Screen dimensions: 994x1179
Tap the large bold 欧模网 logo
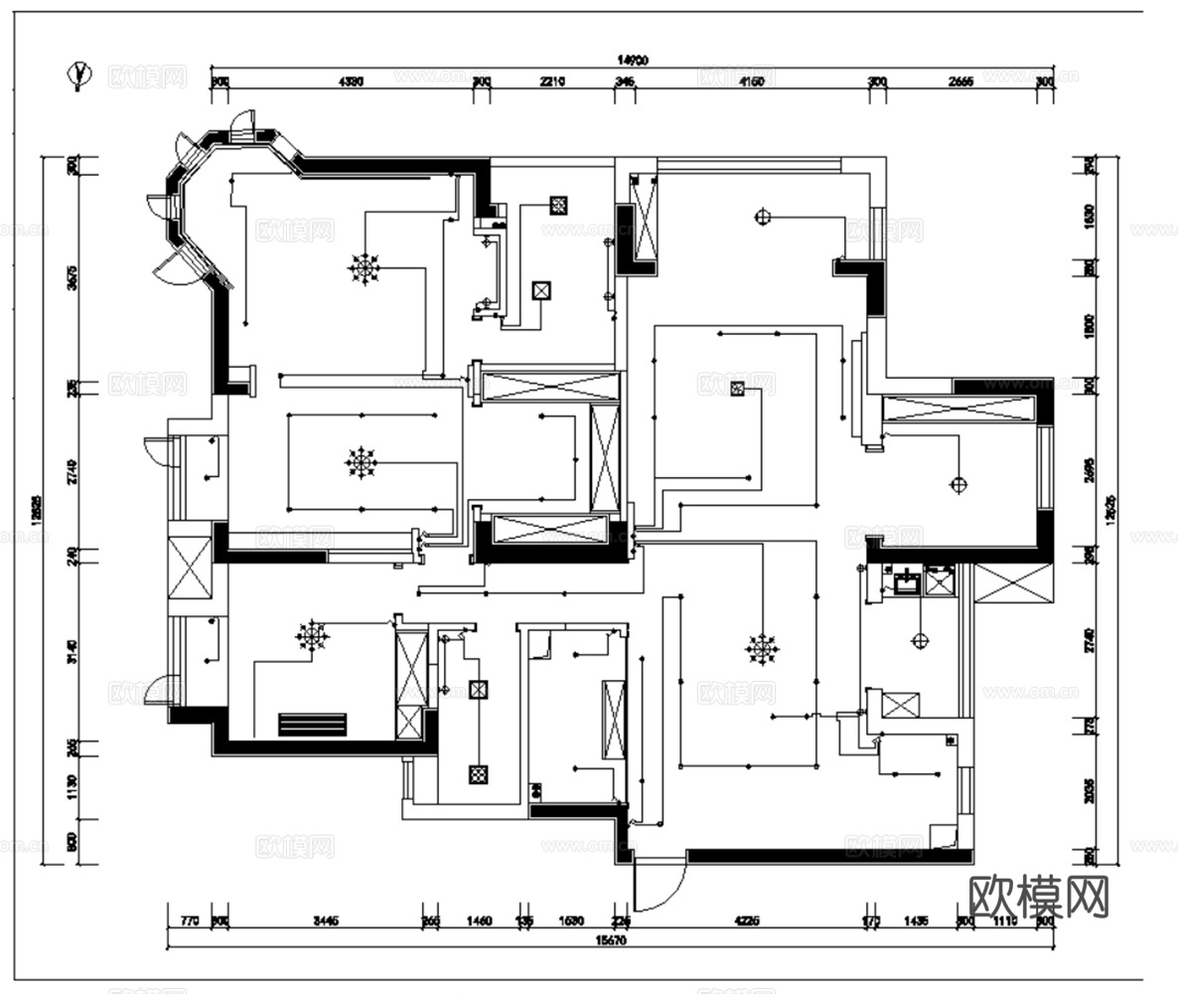tap(1038, 897)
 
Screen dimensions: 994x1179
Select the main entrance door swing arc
tap(661, 885)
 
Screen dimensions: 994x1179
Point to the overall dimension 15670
tap(610, 939)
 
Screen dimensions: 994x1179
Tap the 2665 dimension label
tap(959, 82)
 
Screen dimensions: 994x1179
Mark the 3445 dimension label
tap(326, 921)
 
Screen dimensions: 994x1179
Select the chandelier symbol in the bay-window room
tap(365, 268)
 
